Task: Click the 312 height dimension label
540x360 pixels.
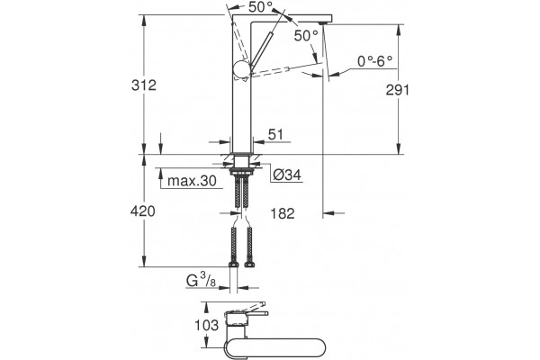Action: (x=144, y=85)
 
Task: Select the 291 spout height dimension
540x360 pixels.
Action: (x=398, y=90)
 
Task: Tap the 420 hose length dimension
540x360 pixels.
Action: (x=142, y=211)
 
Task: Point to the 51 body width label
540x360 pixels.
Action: (x=275, y=134)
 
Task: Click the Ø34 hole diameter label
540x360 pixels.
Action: (x=287, y=175)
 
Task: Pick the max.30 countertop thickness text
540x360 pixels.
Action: (x=192, y=181)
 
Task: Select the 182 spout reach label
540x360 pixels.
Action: (x=283, y=213)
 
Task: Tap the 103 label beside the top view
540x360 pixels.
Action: (x=207, y=325)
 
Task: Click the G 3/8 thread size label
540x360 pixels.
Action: (x=201, y=281)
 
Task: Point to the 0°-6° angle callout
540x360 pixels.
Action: (x=374, y=61)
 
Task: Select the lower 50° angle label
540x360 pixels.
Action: (x=306, y=35)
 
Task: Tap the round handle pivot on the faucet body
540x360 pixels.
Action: (x=241, y=69)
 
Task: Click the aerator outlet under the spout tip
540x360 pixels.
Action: (x=322, y=23)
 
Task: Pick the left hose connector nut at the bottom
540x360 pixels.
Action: (x=234, y=265)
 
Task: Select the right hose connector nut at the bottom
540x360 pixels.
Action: (x=249, y=265)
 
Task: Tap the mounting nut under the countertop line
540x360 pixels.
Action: (x=241, y=170)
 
